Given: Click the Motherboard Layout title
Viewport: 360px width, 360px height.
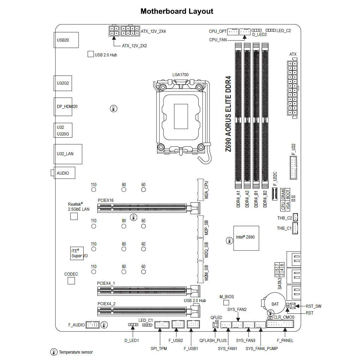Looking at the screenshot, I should click(x=177, y=11).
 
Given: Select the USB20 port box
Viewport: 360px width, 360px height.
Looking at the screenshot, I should click(x=66, y=40).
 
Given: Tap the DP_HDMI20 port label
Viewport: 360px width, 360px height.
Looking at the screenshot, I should click(x=67, y=106).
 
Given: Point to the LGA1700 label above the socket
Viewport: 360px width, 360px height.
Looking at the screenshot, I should click(x=180, y=75).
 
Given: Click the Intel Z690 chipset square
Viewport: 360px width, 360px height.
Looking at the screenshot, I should click(x=246, y=238).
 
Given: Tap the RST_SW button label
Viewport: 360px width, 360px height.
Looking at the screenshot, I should click(x=313, y=306).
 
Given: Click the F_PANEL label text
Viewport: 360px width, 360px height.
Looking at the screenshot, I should click(x=285, y=341).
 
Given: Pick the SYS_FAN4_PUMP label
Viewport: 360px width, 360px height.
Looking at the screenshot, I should click(x=262, y=349).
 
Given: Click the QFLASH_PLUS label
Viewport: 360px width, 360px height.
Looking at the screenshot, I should click(x=213, y=341).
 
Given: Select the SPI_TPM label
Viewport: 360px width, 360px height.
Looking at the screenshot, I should click(x=159, y=349).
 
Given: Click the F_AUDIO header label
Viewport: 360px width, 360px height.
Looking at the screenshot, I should click(x=76, y=325).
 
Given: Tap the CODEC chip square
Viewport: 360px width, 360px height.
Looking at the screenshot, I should click(x=71, y=281).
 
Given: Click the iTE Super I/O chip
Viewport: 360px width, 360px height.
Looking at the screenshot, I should click(x=77, y=253).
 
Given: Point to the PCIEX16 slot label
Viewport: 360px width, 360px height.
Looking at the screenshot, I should click(x=106, y=200).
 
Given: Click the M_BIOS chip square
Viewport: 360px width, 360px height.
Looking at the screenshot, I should click(x=226, y=303).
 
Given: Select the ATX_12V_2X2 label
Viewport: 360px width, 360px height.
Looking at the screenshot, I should click(x=134, y=46).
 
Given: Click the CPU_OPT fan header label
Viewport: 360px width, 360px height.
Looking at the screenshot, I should click(x=218, y=31).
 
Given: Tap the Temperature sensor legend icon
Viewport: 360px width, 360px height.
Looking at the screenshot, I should click(x=54, y=352).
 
